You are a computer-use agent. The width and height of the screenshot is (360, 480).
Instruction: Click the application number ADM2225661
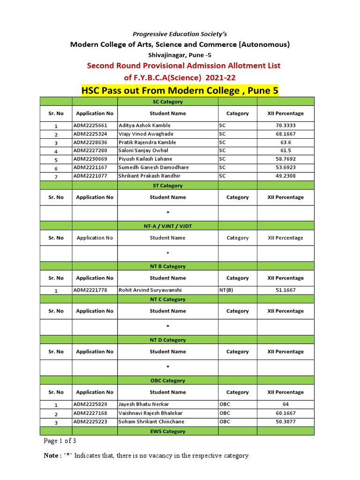(x=90, y=126)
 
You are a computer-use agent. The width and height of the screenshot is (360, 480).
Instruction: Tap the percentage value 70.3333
(x=285, y=126)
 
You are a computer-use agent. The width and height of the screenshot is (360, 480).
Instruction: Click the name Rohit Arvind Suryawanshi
(x=150, y=290)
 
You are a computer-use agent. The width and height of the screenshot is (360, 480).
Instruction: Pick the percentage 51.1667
(x=285, y=290)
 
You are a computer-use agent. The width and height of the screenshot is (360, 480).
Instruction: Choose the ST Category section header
(x=168, y=186)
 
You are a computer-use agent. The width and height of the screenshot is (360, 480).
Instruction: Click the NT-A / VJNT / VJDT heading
(x=168, y=226)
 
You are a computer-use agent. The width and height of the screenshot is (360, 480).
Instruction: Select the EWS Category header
(x=168, y=431)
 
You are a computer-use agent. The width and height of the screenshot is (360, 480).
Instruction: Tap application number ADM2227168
(x=90, y=413)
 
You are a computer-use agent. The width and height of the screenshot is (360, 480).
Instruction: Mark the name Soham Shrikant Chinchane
(x=151, y=421)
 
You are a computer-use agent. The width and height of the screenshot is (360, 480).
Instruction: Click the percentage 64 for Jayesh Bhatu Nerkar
(x=285, y=404)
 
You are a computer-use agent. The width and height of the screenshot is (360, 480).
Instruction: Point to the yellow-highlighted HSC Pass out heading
(x=180, y=90)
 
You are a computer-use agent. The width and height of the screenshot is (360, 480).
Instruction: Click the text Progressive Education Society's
(x=180, y=34)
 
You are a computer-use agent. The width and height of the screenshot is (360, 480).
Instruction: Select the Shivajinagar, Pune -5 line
(x=180, y=54)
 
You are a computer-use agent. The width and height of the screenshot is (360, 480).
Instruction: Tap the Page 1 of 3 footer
(x=60, y=441)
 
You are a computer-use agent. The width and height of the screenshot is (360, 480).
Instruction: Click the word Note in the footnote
(x=51, y=456)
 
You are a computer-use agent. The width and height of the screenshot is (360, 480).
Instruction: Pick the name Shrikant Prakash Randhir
(x=150, y=176)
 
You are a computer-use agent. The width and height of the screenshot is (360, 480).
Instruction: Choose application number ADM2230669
(x=90, y=159)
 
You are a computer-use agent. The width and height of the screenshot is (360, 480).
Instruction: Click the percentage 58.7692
(x=285, y=159)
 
